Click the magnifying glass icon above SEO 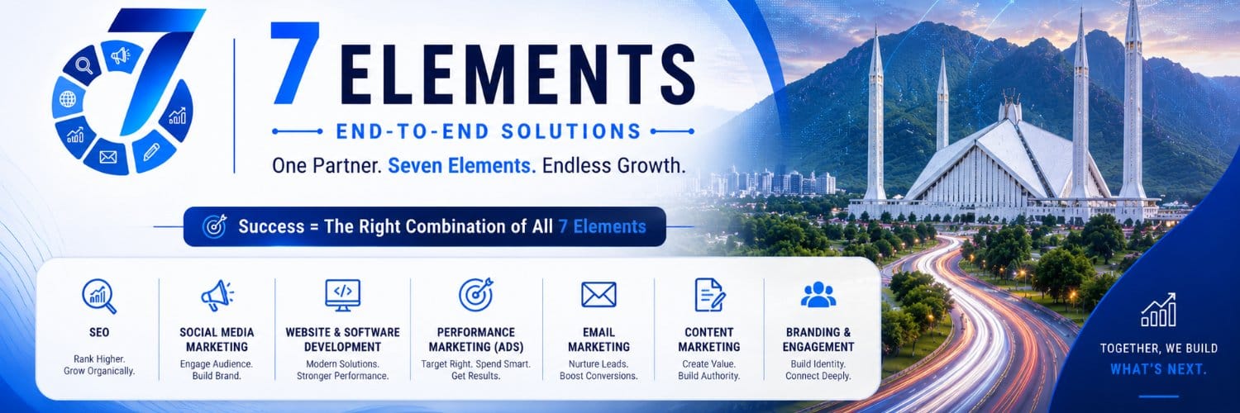99,297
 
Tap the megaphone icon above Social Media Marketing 217,295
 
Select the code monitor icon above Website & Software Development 343,295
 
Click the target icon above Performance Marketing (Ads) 476,295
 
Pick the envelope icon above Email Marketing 599,295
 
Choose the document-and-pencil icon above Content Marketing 709,295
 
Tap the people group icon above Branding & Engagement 818,295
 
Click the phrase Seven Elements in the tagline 461,166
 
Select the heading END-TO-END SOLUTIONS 489,131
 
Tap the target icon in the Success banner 214,226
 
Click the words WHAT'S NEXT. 1158,369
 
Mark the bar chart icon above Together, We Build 1158,311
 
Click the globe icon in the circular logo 68,99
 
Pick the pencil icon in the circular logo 151,151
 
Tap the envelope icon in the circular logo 108,158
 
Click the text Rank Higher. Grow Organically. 99,365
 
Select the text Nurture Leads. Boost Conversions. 599,370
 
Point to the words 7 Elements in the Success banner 602,226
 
